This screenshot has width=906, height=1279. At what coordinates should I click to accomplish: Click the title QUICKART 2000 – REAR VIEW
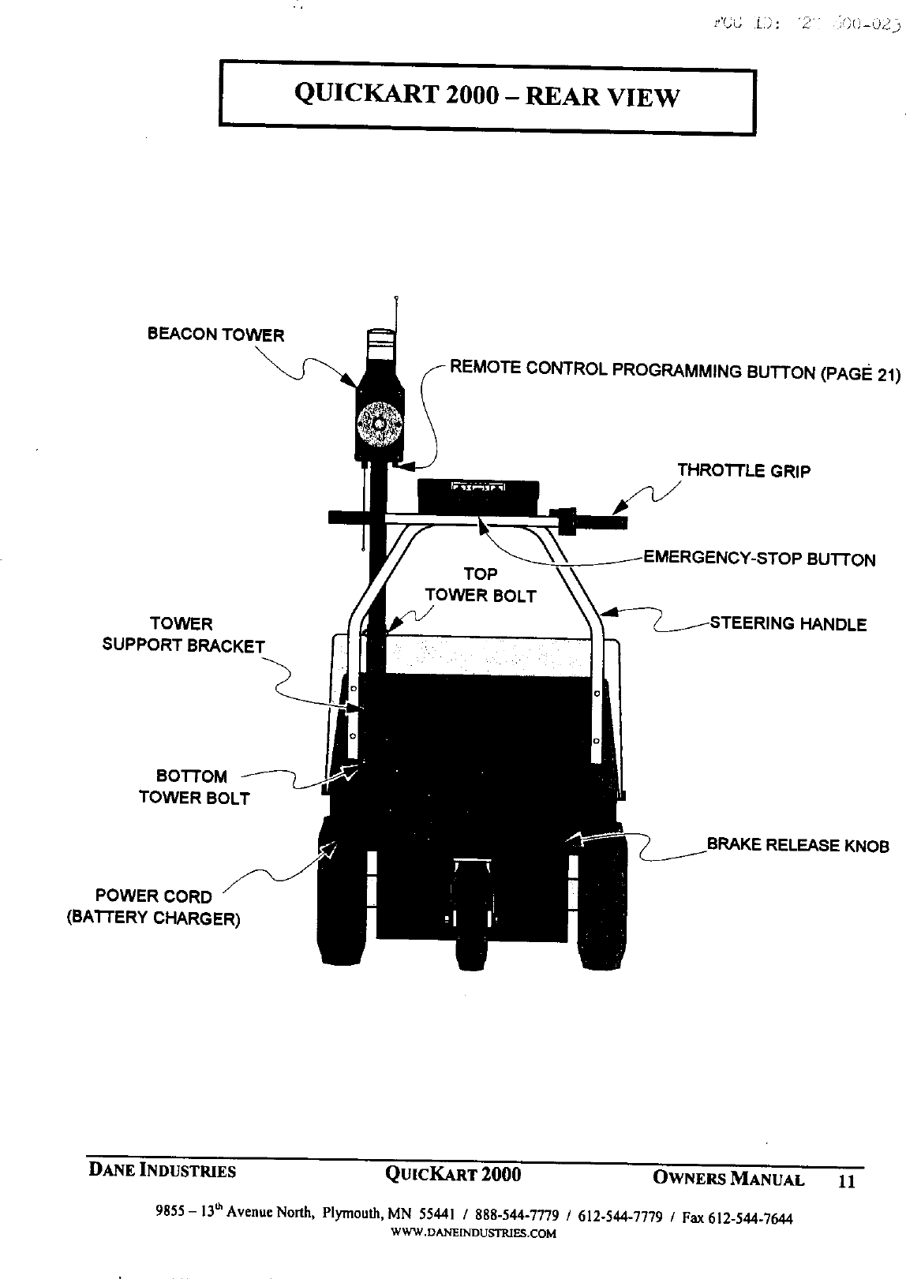coord(486,96)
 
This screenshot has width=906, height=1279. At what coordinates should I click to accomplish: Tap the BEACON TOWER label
coord(215,334)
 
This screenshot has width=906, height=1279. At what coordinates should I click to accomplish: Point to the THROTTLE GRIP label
coord(743,471)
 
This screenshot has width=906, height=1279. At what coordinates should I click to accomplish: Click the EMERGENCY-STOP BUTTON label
coord(759,559)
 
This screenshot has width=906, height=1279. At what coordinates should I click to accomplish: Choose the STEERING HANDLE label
coord(788,624)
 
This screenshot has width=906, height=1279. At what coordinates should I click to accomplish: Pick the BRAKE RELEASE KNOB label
coord(797,845)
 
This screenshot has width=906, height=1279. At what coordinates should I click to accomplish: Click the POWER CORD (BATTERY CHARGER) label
coord(154,907)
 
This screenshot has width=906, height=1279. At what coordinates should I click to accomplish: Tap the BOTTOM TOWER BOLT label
coord(193,787)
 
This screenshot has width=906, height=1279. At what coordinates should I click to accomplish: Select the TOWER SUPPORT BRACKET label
coord(183,634)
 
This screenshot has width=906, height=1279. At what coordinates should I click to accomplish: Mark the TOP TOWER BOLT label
coord(480,585)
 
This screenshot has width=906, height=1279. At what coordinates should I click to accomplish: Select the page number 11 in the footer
coord(846,1181)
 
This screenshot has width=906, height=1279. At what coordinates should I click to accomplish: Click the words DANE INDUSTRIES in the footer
coord(161,1172)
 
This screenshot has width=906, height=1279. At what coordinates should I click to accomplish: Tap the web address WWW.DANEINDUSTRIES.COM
coord(474,1233)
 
